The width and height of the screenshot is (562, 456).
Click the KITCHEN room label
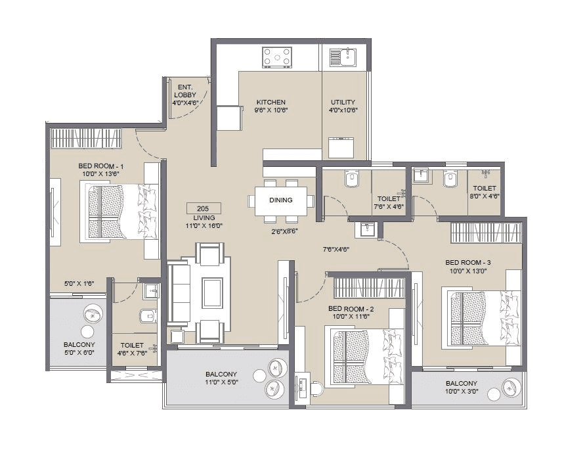click(x=270, y=102)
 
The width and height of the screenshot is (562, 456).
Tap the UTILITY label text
click(x=343, y=102)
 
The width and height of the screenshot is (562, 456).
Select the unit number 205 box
click(x=204, y=208)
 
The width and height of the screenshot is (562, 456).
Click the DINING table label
click(x=281, y=200)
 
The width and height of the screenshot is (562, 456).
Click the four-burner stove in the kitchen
click(x=277, y=57)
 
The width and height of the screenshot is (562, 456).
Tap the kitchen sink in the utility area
click(x=342, y=57)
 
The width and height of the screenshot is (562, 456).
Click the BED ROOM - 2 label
click(x=351, y=309)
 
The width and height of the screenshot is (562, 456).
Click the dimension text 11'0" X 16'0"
click(x=204, y=225)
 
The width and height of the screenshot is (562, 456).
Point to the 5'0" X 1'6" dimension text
click(x=79, y=283)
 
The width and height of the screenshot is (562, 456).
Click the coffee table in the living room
click(x=212, y=293)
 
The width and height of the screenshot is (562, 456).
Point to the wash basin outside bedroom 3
click(x=366, y=230)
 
